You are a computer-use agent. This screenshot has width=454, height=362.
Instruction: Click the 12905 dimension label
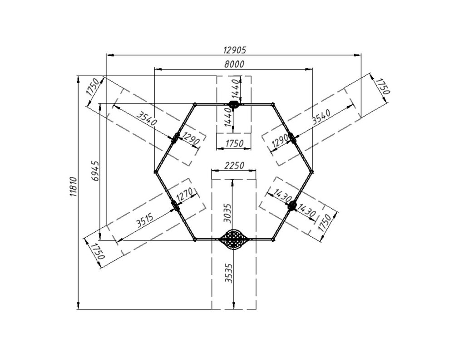(x=235, y=50)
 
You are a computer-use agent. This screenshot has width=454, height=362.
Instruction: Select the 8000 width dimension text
(x=234, y=64)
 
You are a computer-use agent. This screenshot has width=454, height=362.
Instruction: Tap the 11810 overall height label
(x=73, y=187)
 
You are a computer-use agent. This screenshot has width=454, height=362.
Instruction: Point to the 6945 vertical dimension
(x=95, y=171)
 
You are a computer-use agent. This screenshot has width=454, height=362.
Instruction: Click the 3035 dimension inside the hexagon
(x=228, y=213)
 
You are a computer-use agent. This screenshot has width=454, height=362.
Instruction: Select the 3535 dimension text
(x=229, y=273)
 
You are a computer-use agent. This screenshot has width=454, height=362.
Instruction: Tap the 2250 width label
(x=234, y=166)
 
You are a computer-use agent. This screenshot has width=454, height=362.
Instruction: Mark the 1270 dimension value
(x=186, y=195)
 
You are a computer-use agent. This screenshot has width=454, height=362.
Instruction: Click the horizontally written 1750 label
(x=234, y=143)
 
